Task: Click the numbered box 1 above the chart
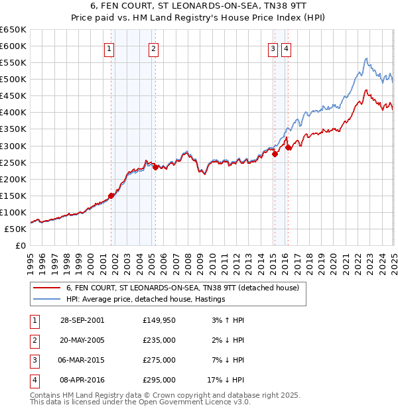tap(108, 48)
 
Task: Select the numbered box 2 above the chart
tap(153, 48)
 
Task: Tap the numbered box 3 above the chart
tap(273, 48)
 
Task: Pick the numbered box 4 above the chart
tap(286, 48)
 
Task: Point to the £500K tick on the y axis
tap(13, 80)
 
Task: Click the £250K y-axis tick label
tap(13, 162)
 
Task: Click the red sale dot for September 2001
tap(111, 196)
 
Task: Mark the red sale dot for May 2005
tap(155, 167)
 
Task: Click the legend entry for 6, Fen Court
tap(183, 288)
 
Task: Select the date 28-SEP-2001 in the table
tap(82, 320)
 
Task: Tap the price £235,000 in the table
tap(159, 340)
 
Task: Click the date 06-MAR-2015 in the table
tap(82, 360)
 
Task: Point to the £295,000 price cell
tap(159, 380)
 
